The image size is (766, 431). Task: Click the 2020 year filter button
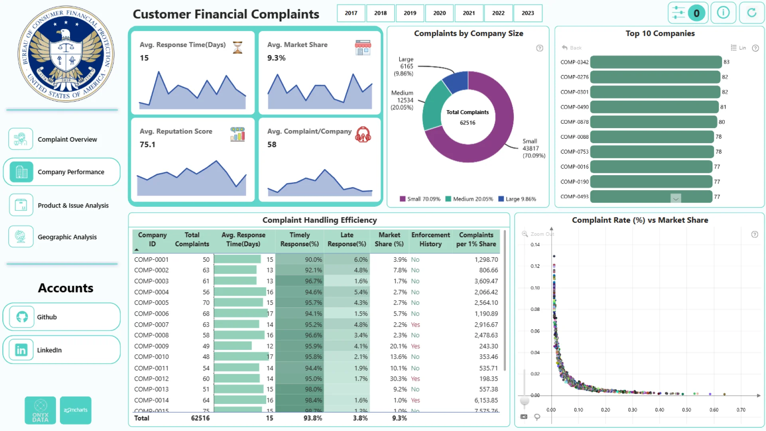click(439, 13)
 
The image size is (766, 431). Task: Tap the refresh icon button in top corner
click(752, 13)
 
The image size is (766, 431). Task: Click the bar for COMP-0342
click(656, 62)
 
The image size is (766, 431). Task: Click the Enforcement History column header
click(430, 239)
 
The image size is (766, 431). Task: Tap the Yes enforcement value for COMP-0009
click(415, 346)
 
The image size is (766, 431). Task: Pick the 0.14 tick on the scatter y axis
click(535, 245)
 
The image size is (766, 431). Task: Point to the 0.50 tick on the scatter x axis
click(687, 410)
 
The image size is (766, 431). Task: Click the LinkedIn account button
click(61, 350)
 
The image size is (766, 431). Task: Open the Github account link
click(61, 317)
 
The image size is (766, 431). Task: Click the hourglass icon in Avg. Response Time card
click(238, 47)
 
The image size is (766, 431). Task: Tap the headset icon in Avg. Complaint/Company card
click(363, 135)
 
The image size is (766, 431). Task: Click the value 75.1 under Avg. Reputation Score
click(147, 144)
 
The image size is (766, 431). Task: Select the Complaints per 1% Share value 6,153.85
click(486, 400)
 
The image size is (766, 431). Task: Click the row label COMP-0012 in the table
click(151, 379)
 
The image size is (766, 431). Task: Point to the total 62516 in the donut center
click(468, 123)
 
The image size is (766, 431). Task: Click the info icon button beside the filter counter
click(723, 13)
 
